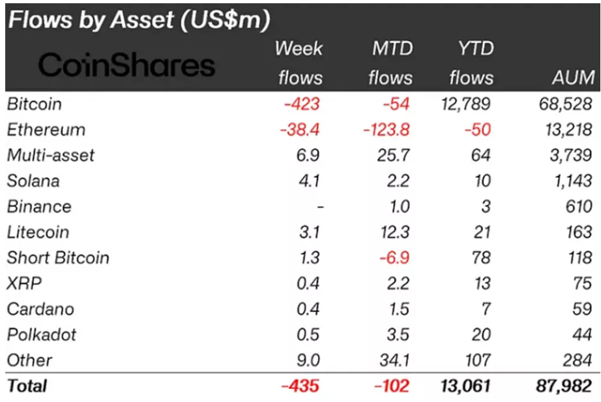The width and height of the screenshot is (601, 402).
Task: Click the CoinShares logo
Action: pyautogui.click(x=126, y=65)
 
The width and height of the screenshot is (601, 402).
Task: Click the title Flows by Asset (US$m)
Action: pyautogui.click(x=139, y=20)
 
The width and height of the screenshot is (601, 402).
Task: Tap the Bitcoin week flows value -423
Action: pyautogui.click(x=300, y=104)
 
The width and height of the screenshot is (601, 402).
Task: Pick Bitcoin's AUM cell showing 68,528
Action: pyautogui.click(x=565, y=104)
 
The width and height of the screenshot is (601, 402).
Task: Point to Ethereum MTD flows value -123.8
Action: pyautogui.click(x=386, y=130)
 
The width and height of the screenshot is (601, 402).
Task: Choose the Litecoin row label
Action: pyautogui.click(x=38, y=232)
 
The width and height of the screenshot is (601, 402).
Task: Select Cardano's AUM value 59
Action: pyautogui.click(x=581, y=309)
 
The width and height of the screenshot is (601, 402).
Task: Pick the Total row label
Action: pyautogui.click(x=27, y=386)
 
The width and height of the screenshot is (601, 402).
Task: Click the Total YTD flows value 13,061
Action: pyautogui.click(x=466, y=386)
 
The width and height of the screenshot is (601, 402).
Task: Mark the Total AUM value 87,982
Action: pyautogui.click(x=564, y=386)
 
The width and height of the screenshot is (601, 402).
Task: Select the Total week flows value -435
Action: pyautogui.click(x=300, y=386)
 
